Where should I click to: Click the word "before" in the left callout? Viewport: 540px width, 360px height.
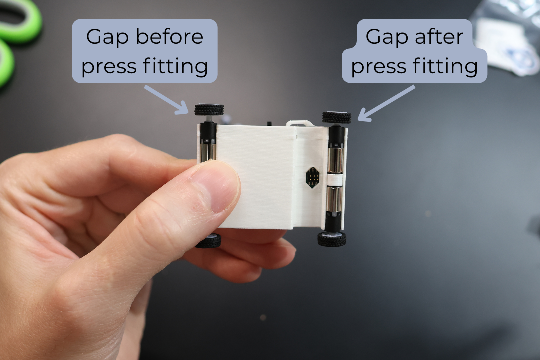169,36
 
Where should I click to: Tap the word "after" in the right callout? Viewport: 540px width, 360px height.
439,36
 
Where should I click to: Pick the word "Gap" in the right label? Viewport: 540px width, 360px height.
387,37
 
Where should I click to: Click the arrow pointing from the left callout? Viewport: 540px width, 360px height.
166,100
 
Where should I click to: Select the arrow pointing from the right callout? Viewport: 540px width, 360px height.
386,103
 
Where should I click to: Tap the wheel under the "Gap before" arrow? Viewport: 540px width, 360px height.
209,110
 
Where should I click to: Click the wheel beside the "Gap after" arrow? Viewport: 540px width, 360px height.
337,117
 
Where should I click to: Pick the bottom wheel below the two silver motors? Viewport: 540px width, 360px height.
332,239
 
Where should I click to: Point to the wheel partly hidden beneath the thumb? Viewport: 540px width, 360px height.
208,241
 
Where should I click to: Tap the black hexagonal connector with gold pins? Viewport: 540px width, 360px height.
312,178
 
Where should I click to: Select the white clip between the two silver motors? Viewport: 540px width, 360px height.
335,179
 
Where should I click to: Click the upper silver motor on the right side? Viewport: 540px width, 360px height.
335,159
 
